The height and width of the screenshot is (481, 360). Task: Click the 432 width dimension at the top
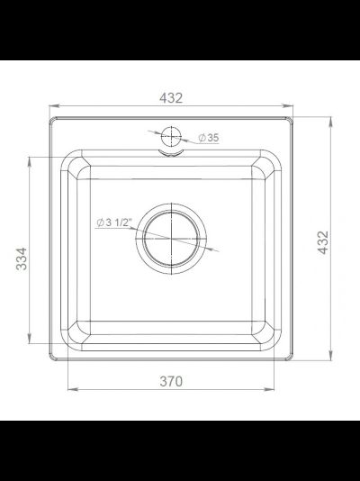click(171, 97)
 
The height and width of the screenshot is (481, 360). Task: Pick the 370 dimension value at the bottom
click(171, 381)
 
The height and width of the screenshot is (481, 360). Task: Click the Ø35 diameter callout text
click(207, 138)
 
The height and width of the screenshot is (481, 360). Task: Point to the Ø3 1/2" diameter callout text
click(113, 222)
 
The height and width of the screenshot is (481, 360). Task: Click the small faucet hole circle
click(171, 138)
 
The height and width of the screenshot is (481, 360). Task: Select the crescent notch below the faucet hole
click(171, 154)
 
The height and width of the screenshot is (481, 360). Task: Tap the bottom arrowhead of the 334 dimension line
click(31, 347)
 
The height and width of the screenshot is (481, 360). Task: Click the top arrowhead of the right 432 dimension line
click(336, 119)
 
